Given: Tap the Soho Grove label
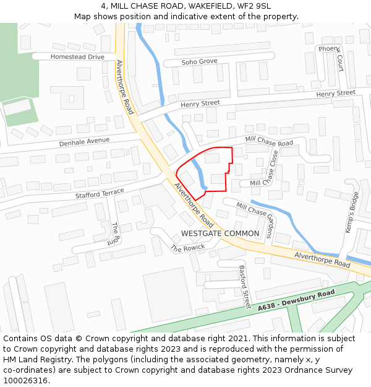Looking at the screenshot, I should click(x=199, y=62).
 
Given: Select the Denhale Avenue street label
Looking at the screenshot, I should click(x=84, y=141).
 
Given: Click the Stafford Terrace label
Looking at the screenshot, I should click(x=100, y=194).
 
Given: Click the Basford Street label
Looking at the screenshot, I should click(x=245, y=287).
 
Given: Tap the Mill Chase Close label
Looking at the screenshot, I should click(x=271, y=168).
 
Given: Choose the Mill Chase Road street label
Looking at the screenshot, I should click(x=269, y=142).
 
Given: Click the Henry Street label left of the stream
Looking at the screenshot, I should click(x=200, y=103).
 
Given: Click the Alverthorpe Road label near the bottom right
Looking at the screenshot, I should click(x=322, y=259).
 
